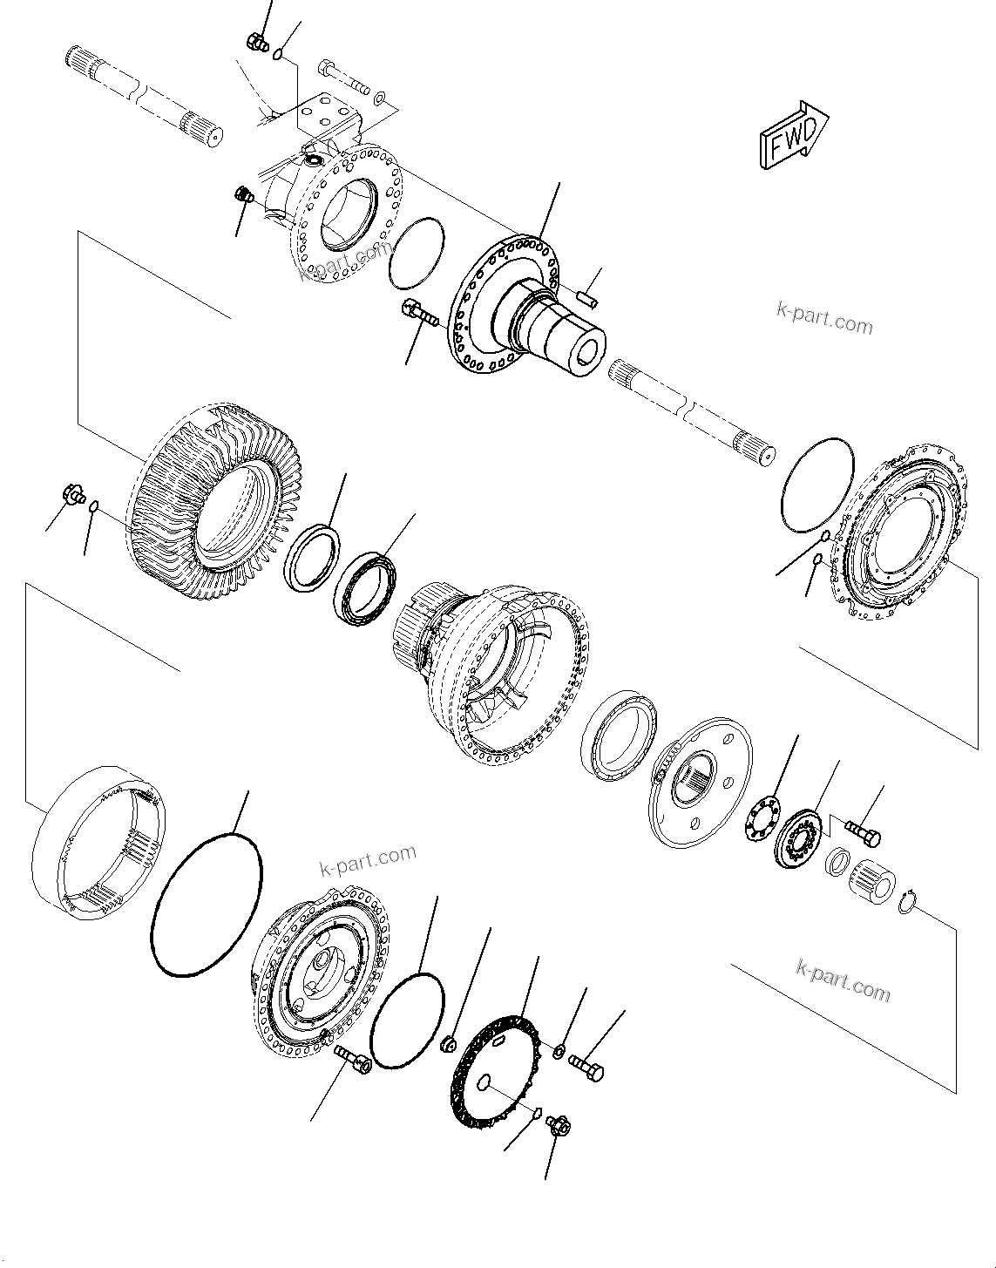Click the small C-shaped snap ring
[x=907, y=904]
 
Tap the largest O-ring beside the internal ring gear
[x=207, y=907]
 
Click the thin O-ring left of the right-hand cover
[x=817, y=486]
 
